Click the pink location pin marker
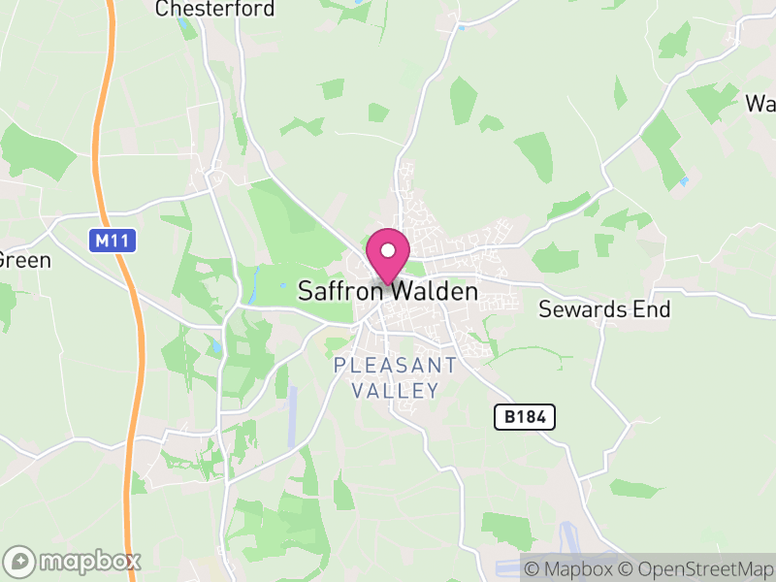coord(388,255)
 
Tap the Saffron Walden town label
coord(388,291)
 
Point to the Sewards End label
coord(604,309)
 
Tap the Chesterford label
coord(215,9)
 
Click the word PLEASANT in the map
coord(395,366)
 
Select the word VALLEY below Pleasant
coord(395,391)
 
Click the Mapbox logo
coord(73,561)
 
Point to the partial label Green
coord(24,260)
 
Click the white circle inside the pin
coord(388,249)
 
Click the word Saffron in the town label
coord(337,291)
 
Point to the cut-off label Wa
coord(760,103)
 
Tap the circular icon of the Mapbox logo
coord(20,561)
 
